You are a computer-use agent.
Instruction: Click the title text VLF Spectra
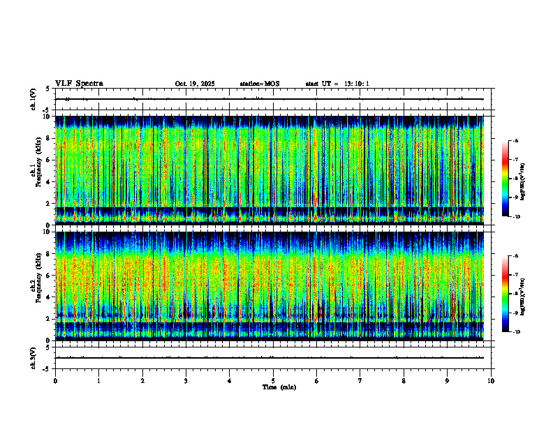[79, 84]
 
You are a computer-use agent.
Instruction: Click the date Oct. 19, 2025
[195, 84]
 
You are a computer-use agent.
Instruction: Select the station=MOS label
[259, 84]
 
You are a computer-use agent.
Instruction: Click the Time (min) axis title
[279, 387]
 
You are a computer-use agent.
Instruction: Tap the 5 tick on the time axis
[273, 381]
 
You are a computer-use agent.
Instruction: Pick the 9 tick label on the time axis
[448, 381]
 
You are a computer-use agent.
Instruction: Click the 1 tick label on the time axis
[98, 381]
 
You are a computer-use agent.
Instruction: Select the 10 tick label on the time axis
[491, 381]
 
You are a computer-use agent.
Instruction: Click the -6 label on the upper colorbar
[516, 140]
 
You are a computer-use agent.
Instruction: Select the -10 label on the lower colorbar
[516, 332]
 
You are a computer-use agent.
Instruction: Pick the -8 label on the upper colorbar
[516, 179]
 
